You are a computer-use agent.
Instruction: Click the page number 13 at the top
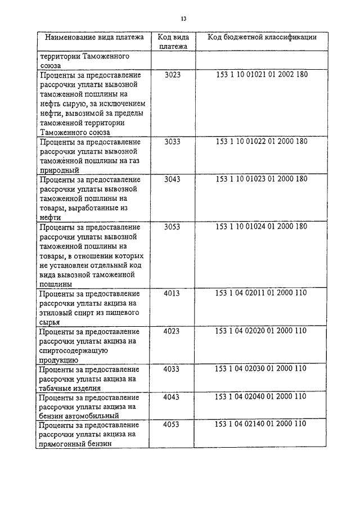point(183,19)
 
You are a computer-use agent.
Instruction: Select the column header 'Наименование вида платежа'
point(94,38)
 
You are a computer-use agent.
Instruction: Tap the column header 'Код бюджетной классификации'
point(262,37)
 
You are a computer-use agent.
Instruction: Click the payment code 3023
point(173,74)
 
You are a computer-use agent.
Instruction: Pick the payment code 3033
point(172,142)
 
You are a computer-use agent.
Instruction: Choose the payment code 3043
point(172,179)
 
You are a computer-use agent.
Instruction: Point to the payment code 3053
point(172,227)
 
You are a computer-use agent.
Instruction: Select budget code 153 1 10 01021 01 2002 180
point(262,74)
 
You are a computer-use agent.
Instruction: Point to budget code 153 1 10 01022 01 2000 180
point(262,142)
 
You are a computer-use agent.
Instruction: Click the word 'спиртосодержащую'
point(74,350)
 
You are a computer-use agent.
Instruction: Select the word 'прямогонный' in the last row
point(64,444)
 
